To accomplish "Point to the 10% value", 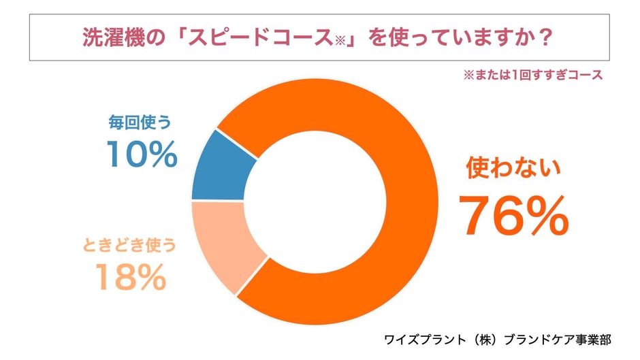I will click(142, 154).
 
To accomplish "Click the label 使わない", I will click(513, 168).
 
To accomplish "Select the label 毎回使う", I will click(139, 122).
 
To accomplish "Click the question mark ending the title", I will click(543, 36).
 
